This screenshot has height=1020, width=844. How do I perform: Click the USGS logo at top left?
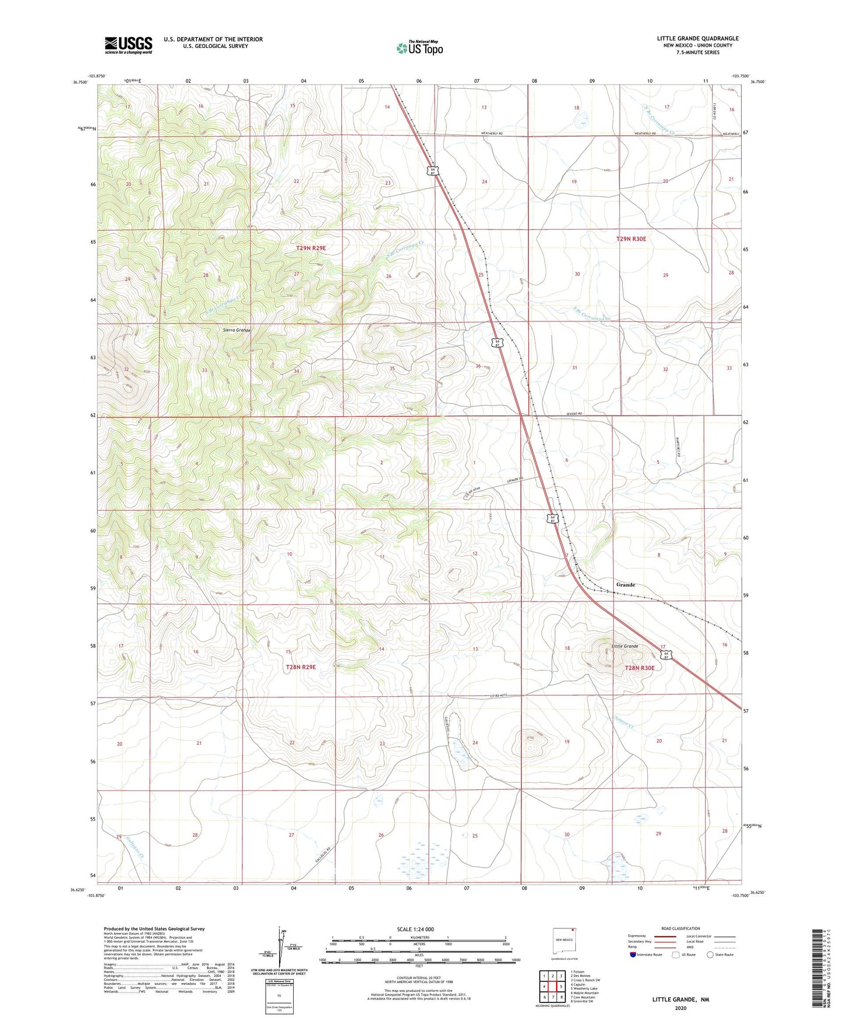pos(128,45)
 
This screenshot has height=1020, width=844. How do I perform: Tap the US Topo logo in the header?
pos(419,48)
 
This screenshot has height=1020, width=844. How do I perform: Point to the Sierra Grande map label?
pos(237,330)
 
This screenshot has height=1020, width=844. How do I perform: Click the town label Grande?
pos(626,584)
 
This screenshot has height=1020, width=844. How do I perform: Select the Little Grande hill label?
pos(624,646)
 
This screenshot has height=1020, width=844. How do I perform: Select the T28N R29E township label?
pos(300,667)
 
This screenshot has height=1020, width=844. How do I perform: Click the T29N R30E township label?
pos(631,239)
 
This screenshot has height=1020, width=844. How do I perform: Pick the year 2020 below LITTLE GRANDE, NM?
pos(680,1008)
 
